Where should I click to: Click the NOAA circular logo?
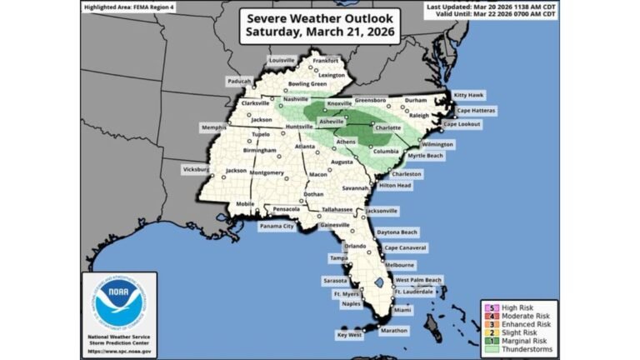click(x=114, y=303)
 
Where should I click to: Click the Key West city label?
click(x=349, y=334)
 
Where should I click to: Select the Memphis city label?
click(x=213, y=127)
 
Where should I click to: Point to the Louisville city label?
click(x=282, y=60)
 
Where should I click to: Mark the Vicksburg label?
click(x=198, y=169)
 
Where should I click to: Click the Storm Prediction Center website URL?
click(x=114, y=350)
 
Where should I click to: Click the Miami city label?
click(x=402, y=309)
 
